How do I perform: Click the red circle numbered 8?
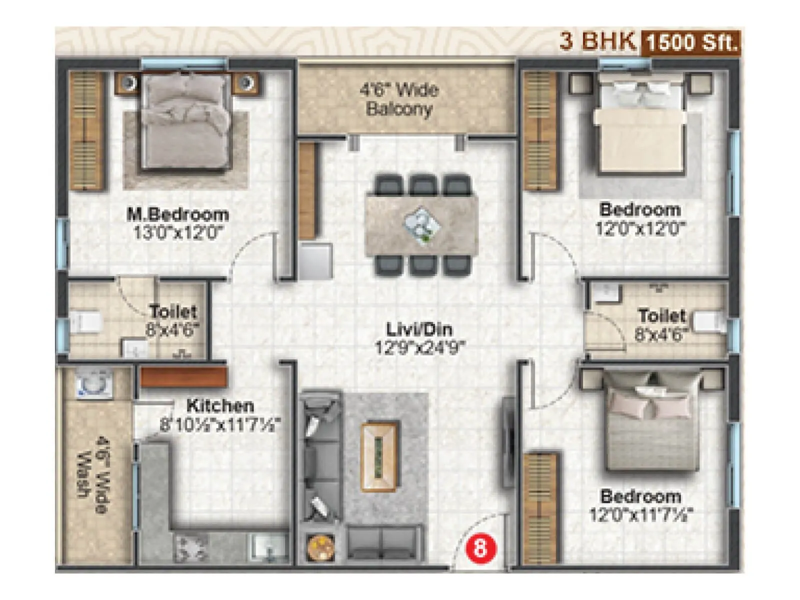point(479,549)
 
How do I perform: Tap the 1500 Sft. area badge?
point(692,42)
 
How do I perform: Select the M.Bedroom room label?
point(177,214)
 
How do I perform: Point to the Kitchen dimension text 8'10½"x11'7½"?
point(219,425)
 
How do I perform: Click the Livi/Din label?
point(419,329)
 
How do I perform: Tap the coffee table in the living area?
point(380,457)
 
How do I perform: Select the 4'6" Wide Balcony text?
point(399,99)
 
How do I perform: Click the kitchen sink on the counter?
point(268,548)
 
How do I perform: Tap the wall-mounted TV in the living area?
point(508,441)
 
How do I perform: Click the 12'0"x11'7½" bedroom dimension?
point(641,514)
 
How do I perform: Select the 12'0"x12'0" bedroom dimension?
point(640,228)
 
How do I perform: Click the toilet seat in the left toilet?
point(85,322)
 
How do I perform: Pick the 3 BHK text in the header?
point(597,41)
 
